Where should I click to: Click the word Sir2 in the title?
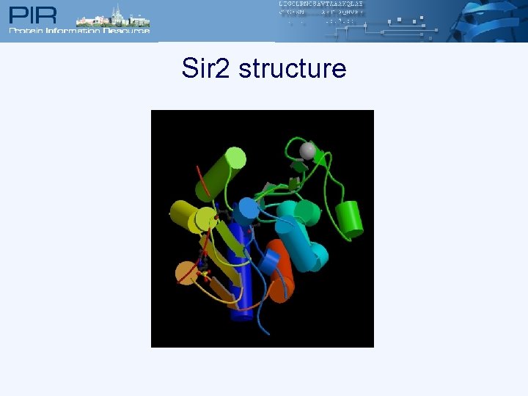tap(206, 69)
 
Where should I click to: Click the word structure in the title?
tap(292, 69)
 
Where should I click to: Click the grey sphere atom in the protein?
tap(307, 151)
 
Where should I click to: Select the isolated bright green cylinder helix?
tap(350, 219)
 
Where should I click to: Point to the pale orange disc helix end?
tap(186, 274)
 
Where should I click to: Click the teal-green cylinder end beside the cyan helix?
tap(308, 213)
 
